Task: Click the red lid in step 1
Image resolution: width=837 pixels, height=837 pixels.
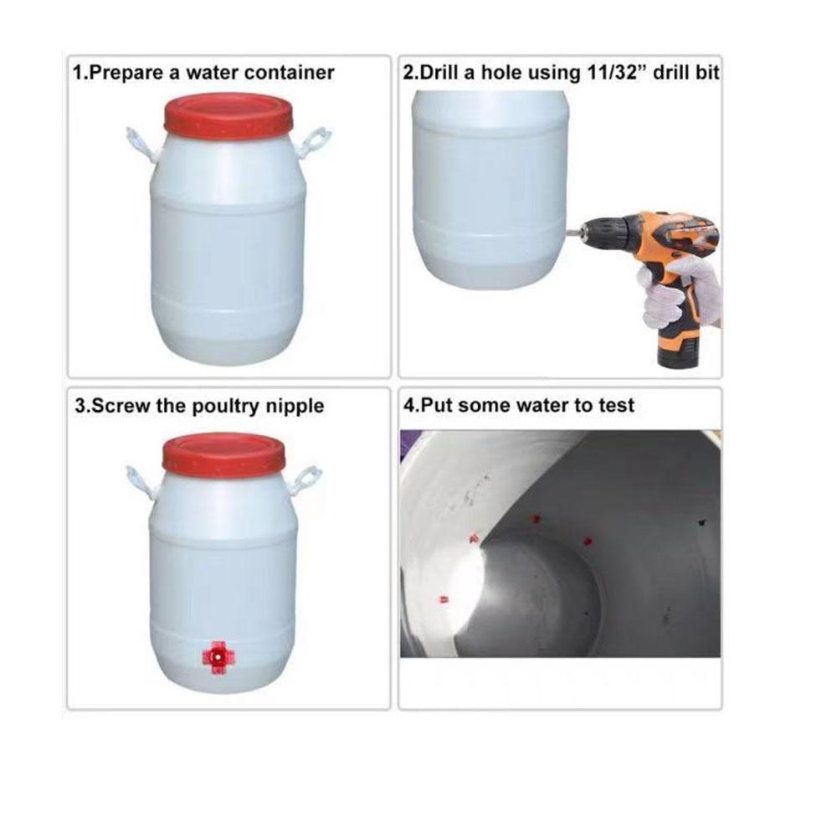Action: (229, 114)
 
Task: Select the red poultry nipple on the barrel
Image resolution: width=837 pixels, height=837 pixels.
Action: (217, 656)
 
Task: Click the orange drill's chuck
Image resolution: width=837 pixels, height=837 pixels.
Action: (595, 231)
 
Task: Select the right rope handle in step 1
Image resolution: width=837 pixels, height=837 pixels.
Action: (316, 143)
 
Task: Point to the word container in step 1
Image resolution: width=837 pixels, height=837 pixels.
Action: (290, 73)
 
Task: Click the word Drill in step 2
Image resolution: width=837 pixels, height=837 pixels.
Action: (440, 73)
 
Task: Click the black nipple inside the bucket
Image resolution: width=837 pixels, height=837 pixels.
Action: (701, 522)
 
